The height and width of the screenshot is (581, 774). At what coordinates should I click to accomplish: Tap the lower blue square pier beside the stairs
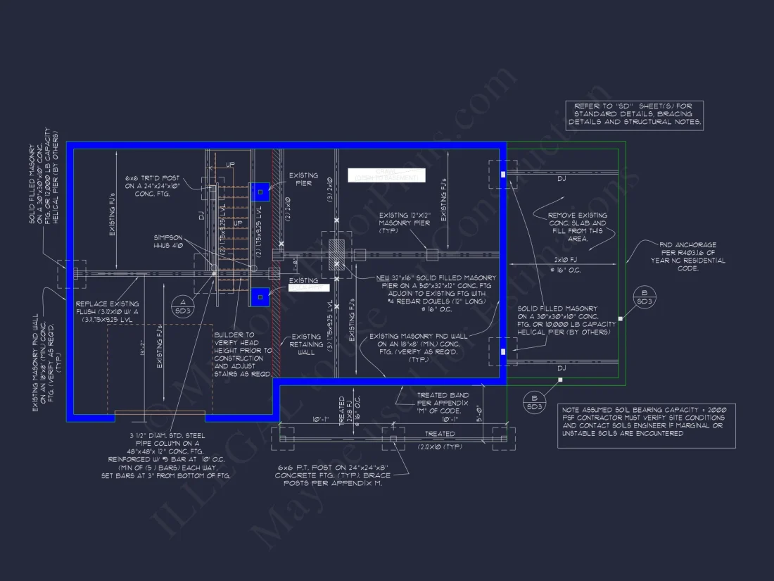260,297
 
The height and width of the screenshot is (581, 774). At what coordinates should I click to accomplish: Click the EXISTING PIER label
303,180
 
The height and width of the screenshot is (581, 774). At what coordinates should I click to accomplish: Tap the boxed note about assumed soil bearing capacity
647,421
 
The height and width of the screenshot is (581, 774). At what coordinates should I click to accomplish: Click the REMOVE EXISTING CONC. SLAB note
577,227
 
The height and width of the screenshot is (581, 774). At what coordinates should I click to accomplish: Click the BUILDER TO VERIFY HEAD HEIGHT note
243,355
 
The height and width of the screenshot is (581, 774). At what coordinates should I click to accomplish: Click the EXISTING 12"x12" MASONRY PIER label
405,222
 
